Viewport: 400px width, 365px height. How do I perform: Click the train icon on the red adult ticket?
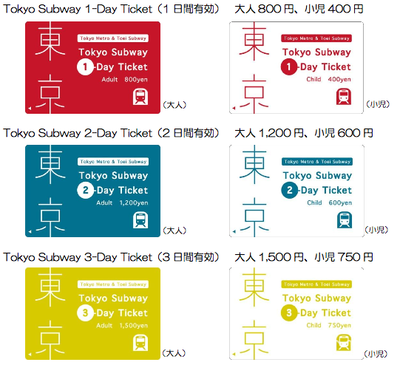[x=140, y=97]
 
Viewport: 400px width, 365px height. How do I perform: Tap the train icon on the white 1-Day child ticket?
[x=344, y=96]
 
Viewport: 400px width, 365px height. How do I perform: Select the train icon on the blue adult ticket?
[x=140, y=220]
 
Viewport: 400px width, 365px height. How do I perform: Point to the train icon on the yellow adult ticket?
[x=140, y=343]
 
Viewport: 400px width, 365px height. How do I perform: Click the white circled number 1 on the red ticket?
[x=85, y=66]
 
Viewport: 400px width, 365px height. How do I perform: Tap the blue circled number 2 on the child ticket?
[x=290, y=190]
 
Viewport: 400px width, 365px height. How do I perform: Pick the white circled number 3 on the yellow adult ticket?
[x=85, y=313]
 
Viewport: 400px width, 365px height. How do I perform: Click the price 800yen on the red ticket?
[x=136, y=80]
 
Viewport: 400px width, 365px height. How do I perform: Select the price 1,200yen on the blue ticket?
[x=134, y=203]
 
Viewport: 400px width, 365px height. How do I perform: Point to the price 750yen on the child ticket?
[x=339, y=325]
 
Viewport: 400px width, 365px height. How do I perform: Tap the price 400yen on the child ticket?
[x=339, y=79]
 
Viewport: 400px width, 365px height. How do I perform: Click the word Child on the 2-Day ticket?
[x=314, y=202]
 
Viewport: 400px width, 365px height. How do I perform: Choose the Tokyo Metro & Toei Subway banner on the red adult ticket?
[x=113, y=38]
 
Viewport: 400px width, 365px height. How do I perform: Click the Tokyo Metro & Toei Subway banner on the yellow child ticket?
[x=316, y=284]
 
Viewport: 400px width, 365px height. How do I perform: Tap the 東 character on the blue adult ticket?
[x=50, y=165]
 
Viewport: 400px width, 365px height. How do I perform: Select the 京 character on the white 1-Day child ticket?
[x=254, y=93]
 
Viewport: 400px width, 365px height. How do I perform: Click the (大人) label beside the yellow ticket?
[x=174, y=353]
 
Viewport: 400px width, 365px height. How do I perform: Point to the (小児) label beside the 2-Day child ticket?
[x=376, y=230]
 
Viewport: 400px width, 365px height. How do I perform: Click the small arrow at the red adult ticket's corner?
[x=30, y=109]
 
